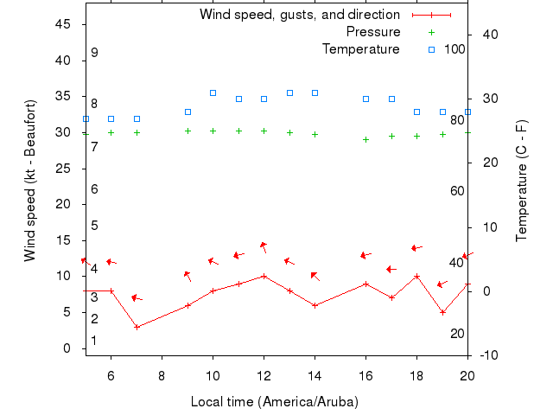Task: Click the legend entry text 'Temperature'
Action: click(x=360, y=49)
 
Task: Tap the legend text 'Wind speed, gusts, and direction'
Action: click(x=299, y=15)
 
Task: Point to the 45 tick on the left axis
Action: click(x=63, y=24)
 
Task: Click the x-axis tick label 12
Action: click(x=264, y=375)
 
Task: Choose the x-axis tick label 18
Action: click(x=416, y=375)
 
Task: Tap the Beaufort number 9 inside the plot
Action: click(x=94, y=53)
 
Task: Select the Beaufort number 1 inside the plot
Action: click(x=94, y=341)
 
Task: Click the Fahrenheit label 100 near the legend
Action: click(x=454, y=49)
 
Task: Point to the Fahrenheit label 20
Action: click(x=457, y=334)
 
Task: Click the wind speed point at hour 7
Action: click(x=137, y=327)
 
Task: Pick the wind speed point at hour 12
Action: click(x=264, y=277)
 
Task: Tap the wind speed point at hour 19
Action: click(x=442, y=312)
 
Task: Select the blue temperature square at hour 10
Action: click(x=213, y=93)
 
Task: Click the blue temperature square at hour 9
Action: click(x=188, y=112)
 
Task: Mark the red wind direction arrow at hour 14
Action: click(x=315, y=277)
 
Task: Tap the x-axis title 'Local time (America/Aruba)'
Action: click(x=274, y=402)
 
